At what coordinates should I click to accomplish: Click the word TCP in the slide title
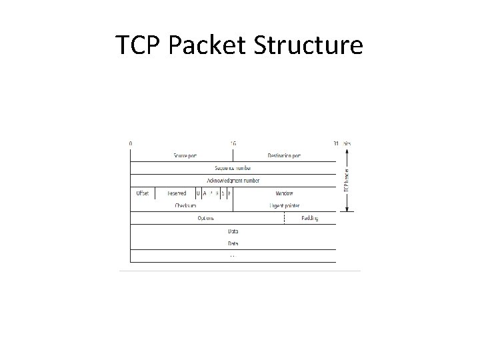point(138,45)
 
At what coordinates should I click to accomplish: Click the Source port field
point(185,156)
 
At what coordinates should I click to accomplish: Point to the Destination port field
point(284,156)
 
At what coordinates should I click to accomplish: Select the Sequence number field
point(233,168)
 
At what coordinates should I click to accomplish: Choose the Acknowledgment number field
point(233,181)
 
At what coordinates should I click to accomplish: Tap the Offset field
point(142,193)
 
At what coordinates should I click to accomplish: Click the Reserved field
point(176,193)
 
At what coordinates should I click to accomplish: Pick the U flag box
point(198,193)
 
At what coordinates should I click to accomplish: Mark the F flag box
point(230,193)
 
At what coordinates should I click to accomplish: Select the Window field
point(284,193)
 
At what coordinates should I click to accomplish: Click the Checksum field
point(185,206)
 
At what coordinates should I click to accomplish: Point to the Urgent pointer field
point(284,206)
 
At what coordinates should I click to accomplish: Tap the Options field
point(205,219)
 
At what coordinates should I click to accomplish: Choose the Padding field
point(309,219)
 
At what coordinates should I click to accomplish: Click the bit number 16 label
point(233,143)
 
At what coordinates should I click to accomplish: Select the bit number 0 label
point(131,143)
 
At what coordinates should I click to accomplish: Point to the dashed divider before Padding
point(284,219)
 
